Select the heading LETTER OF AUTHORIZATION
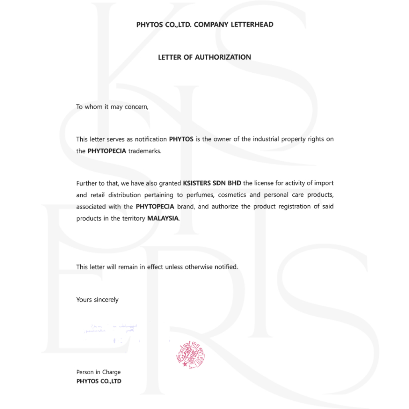click(x=204, y=57)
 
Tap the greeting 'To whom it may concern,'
click(x=112, y=107)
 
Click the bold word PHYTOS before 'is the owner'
click(x=181, y=139)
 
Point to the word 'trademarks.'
click(x=145, y=151)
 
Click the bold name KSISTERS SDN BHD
click(x=212, y=183)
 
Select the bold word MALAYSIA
click(x=163, y=219)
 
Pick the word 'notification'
click(x=151, y=139)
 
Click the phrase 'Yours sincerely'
click(x=97, y=300)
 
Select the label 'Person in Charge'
click(x=98, y=372)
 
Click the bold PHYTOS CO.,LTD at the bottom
click(x=99, y=381)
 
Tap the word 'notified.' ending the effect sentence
click(x=226, y=267)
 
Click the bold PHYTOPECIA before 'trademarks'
click(x=107, y=151)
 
